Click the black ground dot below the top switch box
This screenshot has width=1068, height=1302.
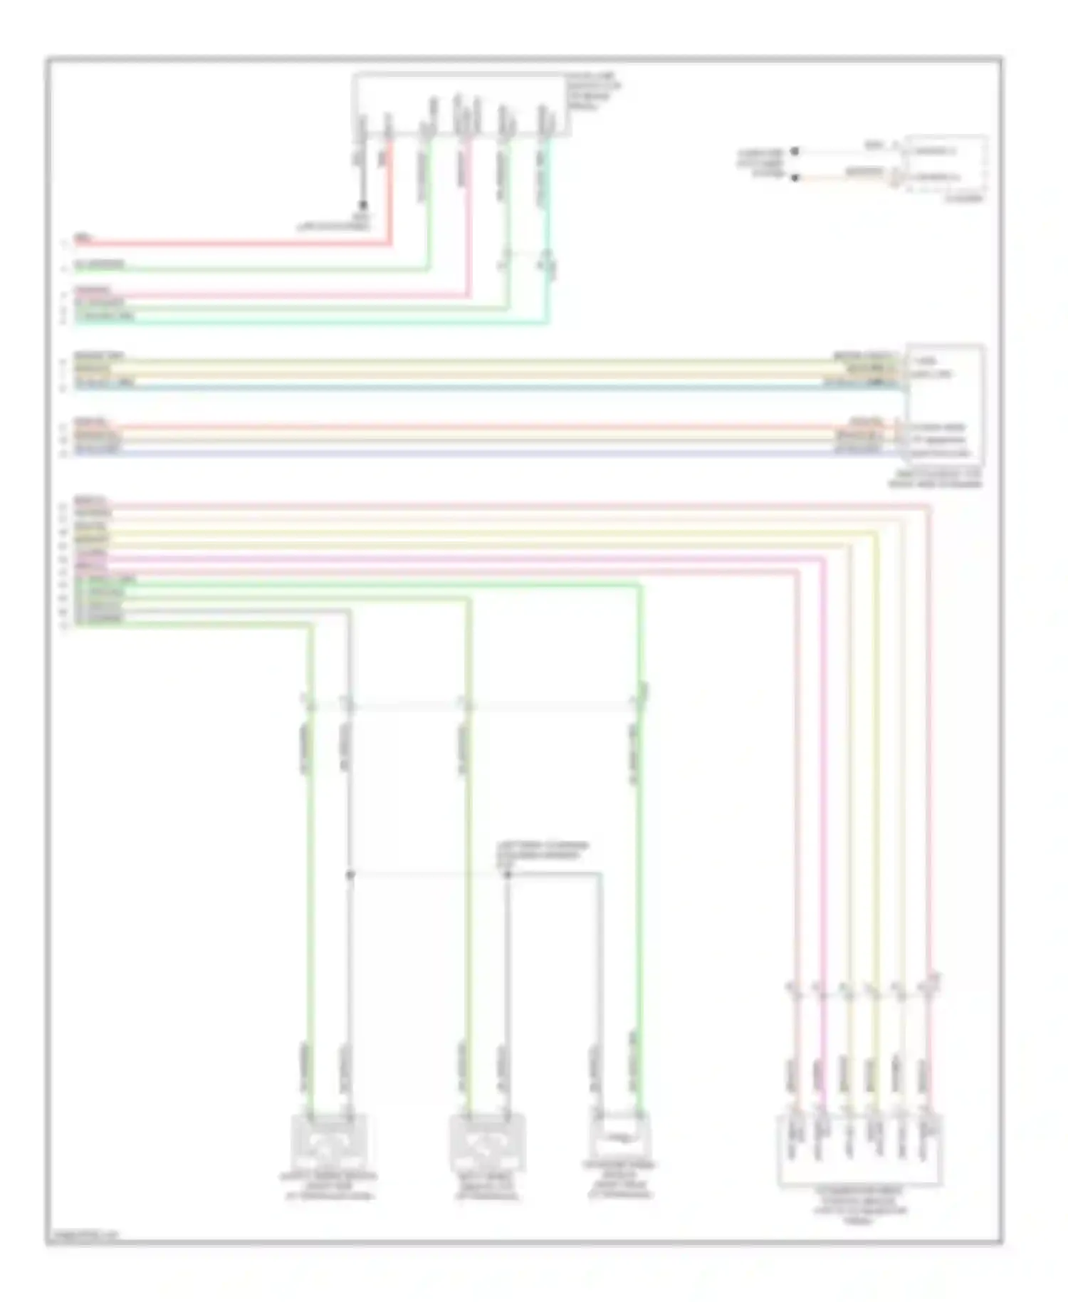click(x=362, y=205)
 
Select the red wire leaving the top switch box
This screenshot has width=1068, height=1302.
click(x=390, y=199)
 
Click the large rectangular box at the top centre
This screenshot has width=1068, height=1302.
click(x=461, y=104)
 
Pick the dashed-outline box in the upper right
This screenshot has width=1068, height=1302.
click(x=946, y=164)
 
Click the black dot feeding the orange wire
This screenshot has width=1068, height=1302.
click(x=795, y=177)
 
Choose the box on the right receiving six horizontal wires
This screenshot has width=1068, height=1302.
click(x=945, y=405)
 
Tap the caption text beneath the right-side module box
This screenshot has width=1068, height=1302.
click(x=935, y=479)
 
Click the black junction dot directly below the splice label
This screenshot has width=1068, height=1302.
click(x=508, y=874)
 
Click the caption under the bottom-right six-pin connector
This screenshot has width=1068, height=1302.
click(x=859, y=1204)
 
